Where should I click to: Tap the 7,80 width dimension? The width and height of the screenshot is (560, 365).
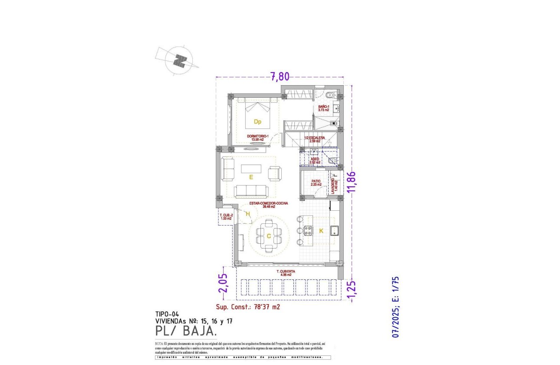[x=280, y=77]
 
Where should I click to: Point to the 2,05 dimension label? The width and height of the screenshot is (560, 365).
[x=223, y=283]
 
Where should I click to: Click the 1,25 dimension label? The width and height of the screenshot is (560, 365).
[x=352, y=290]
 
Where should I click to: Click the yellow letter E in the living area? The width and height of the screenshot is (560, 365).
[x=251, y=177]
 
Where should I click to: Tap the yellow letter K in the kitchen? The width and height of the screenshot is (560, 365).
[x=321, y=231]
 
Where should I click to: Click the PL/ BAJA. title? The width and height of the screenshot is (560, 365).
[x=186, y=331]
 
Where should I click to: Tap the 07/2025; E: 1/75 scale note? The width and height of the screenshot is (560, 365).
[x=395, y=307]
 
